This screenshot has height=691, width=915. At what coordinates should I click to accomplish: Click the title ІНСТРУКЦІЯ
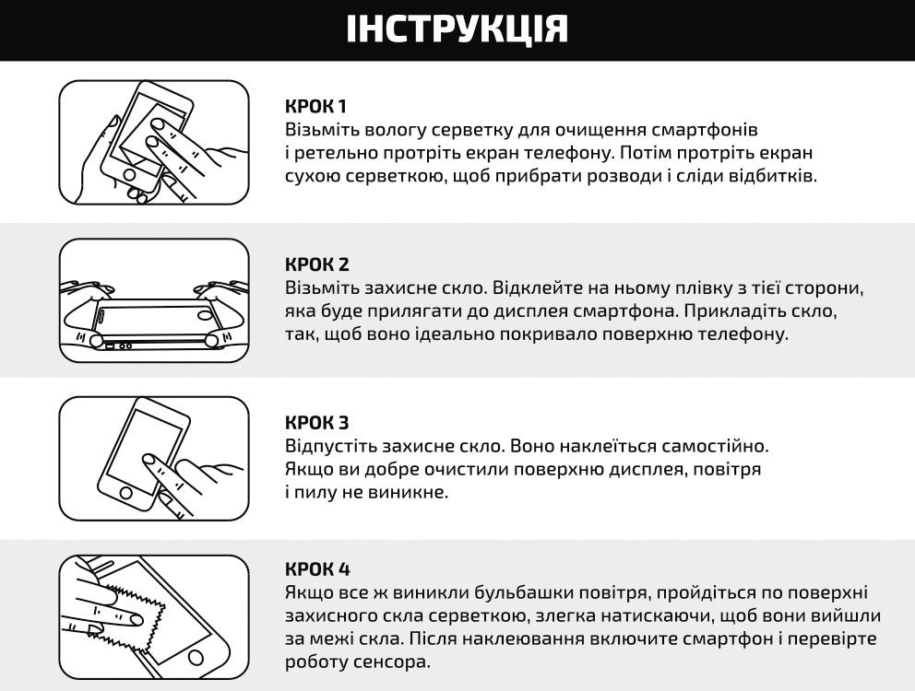pos(457,29)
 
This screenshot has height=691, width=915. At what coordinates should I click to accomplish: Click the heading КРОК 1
pos(316,106)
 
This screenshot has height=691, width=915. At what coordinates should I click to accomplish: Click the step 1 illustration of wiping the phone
pos(154,143)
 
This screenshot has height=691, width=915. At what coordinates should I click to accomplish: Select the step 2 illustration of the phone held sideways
pos(154,300)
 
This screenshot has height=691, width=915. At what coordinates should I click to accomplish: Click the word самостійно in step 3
pos(714,446)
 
